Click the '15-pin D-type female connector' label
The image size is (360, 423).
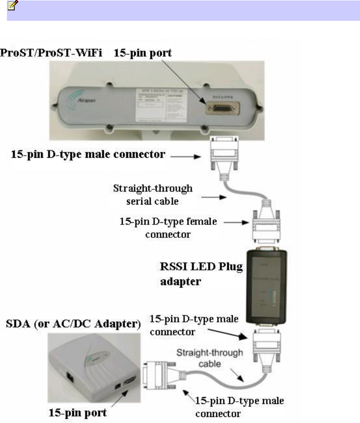(x=169, y=227)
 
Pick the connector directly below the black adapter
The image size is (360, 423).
(x=265, y=346)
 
